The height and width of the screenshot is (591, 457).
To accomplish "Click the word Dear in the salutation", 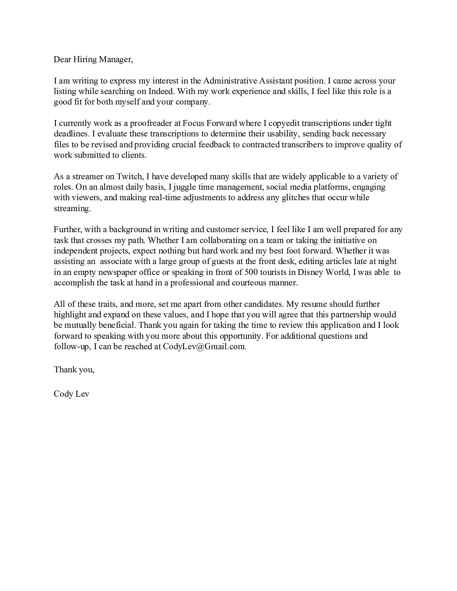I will coord(62,60).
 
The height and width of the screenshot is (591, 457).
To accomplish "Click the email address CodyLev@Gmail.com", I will coord(204,347).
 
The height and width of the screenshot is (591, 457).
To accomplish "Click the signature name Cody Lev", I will coord(71,394).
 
